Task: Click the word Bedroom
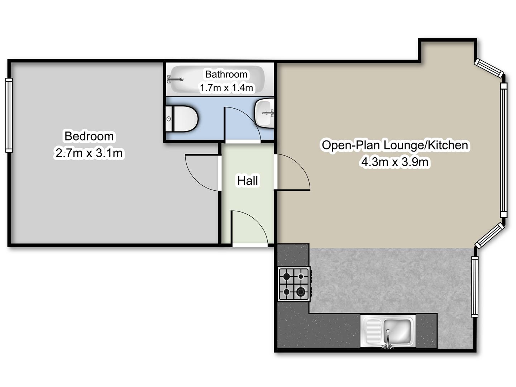coord(89,136)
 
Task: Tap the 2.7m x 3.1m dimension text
coord(89,153)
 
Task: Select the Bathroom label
coord(226,74)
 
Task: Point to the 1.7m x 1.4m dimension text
coord(226,87)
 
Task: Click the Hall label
coord(247,181)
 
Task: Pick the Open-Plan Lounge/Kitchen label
coord(395,145)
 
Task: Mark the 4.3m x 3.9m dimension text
coord(395,162)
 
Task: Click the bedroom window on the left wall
coord(9,115)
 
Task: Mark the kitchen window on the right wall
coord(474,287)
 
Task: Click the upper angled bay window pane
coord(489,68)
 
